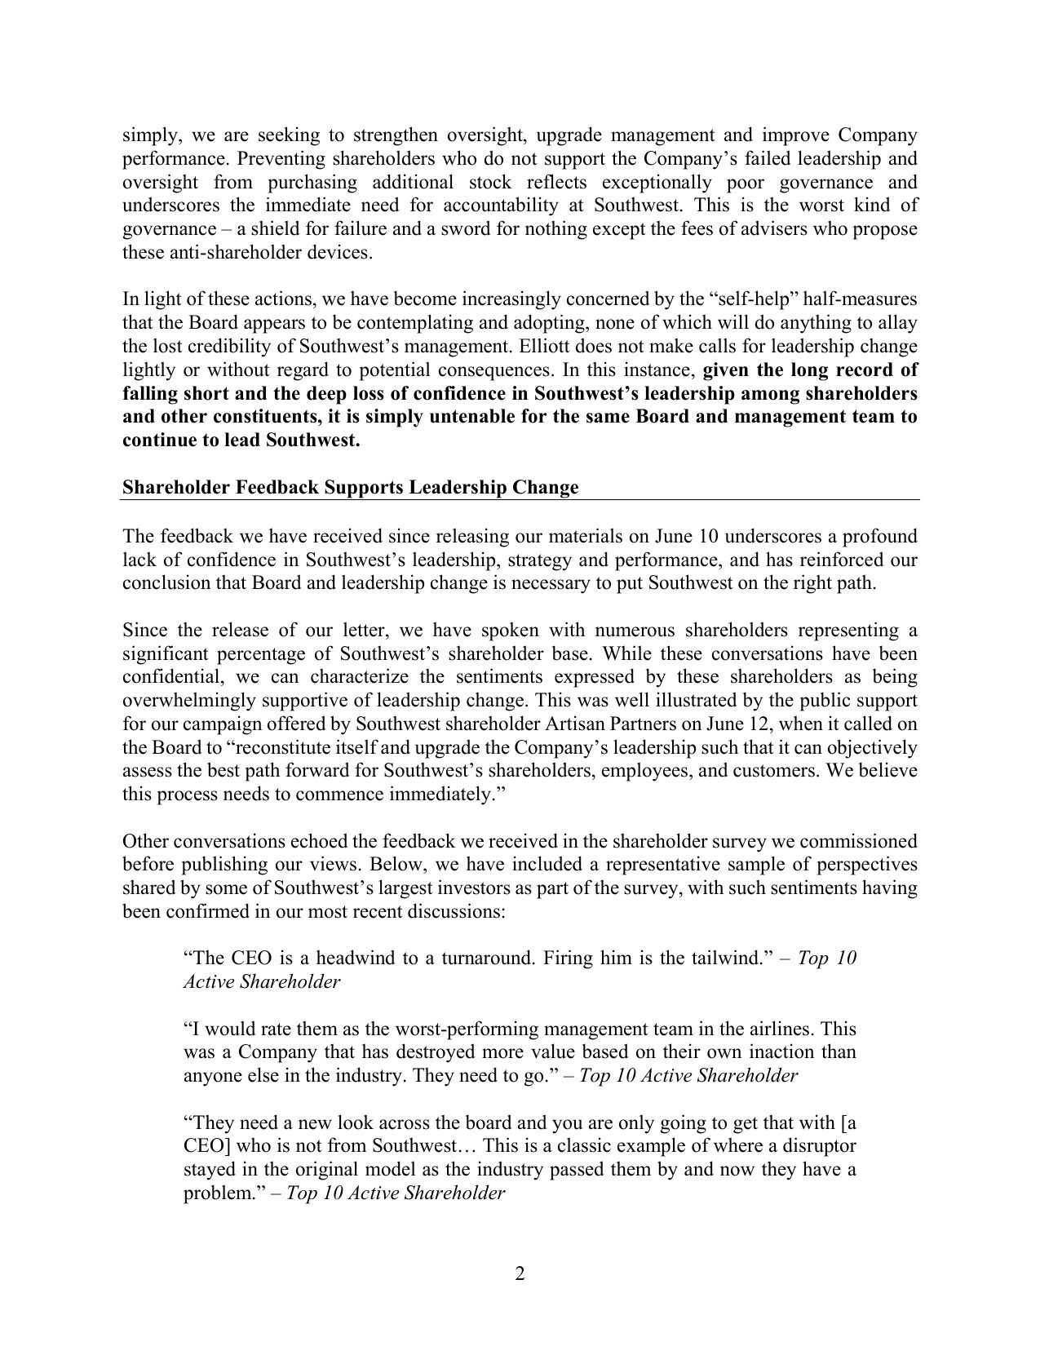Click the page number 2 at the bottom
(x=520, y=1274)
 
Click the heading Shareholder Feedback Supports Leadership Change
(x=350, y=488)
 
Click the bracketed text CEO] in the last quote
(x=206, y=1146)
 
